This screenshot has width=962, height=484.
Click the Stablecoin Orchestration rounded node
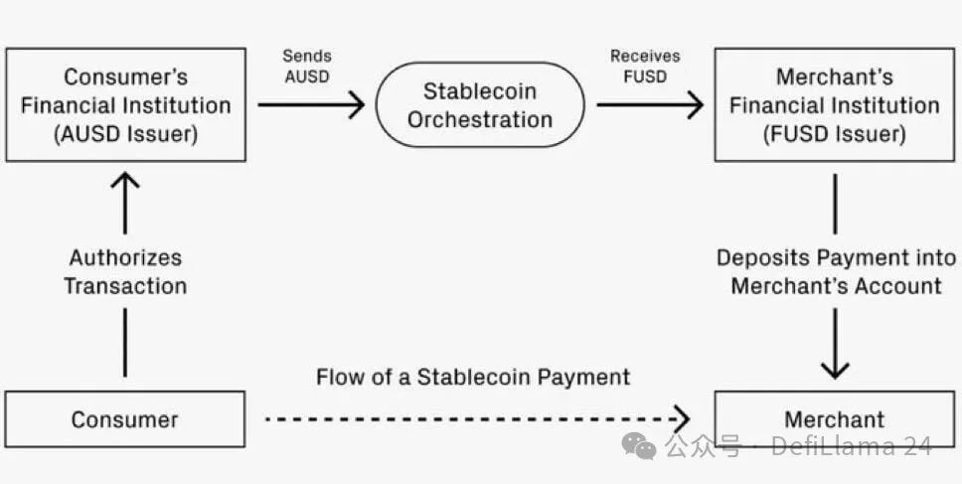pos(480,104)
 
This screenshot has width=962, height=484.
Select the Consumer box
pos(124,418)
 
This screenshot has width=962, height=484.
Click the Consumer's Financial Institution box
pos(125,104)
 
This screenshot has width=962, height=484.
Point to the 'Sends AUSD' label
pos(308,67)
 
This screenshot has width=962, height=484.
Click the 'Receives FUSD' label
pos(645,67)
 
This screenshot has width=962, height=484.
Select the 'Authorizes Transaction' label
pos(125,271)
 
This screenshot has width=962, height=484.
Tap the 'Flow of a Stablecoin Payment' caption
pos(473,377)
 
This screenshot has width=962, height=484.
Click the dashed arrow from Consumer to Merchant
pos(477,417)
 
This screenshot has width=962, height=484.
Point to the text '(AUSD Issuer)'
pos(125,133)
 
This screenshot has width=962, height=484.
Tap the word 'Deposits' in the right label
pos(761,257)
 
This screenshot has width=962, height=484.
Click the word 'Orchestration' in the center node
pos(480,119)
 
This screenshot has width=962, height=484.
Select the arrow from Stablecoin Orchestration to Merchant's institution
pos(651,104)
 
